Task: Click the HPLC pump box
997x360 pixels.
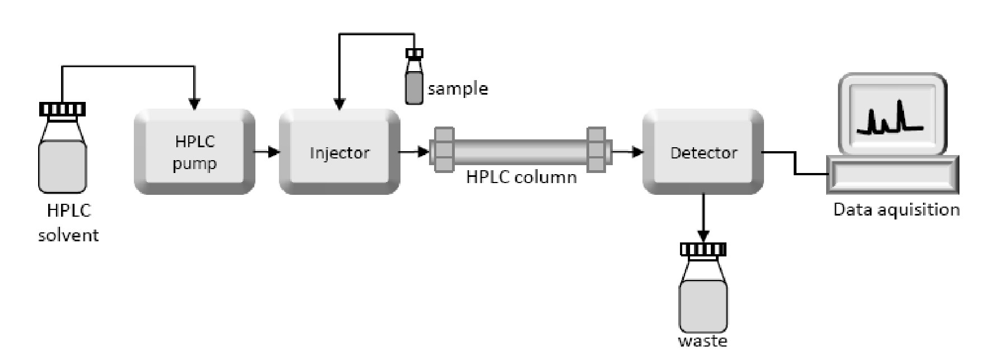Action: tap(194, 152)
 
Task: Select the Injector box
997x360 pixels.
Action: tap(339, 152)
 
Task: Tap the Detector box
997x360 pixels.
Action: tap(703, 152)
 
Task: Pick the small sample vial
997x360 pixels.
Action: tap(414, 81)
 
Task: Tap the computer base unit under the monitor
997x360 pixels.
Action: tap(893, 175)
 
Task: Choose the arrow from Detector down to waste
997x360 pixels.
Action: tap(703, 218)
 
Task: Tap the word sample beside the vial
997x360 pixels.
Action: tap(458, 89)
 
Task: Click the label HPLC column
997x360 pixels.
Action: tap(521, 177)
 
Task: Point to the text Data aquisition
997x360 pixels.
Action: tap(896, 209)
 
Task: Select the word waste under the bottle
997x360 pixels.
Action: tap(702, 341)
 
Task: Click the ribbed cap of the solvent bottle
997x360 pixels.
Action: tap(63, 109)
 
